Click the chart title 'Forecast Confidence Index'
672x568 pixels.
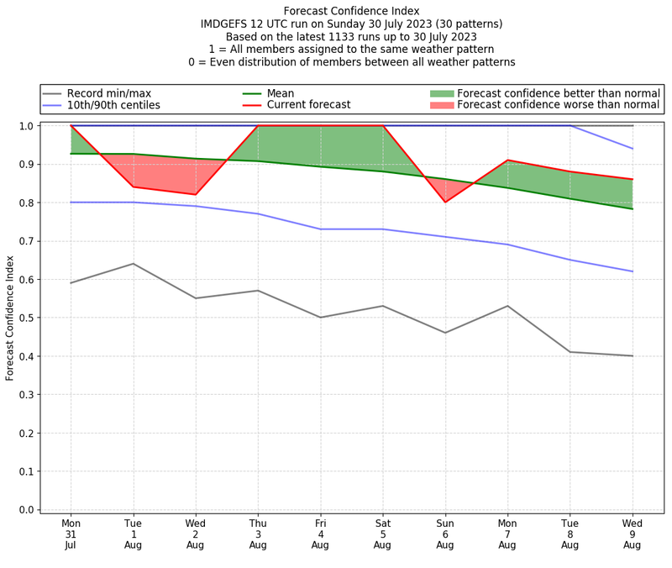pos(351,11)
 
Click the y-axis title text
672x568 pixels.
pos(11,318)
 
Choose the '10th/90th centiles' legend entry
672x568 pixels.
pos(113,105)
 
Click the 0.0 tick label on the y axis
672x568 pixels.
pos(27,510)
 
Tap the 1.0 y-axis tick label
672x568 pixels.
pos(27,126)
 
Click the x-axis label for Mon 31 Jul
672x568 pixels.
pos(71,534)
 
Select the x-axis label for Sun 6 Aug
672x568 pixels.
pos(445,534)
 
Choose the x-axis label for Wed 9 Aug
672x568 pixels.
pos(633,534)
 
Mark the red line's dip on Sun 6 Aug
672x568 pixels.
pos(445,202)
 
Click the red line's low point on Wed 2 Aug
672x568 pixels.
pos(196,194)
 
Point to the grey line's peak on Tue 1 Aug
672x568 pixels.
pos(133,264)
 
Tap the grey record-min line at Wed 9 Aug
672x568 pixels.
pos(633,356)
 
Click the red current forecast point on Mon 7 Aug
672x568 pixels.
pos(507,160)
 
